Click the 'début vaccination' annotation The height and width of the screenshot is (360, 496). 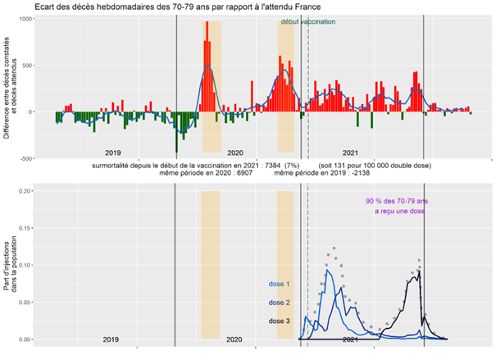(307, 22)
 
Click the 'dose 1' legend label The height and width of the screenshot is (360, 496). (279, 285)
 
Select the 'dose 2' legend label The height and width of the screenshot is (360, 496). (279, 303)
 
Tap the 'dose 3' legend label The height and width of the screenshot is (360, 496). (279, 321)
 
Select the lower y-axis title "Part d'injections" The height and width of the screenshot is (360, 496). (7, 260)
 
